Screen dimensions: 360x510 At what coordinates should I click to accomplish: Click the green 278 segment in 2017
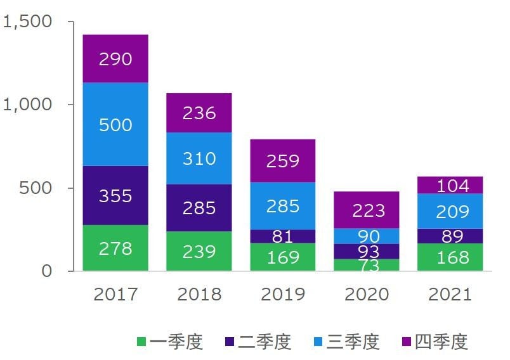coord(115,248)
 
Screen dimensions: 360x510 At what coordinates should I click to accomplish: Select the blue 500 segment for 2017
coord(115,124)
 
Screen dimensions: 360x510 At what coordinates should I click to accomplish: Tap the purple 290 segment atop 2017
coord(115,59)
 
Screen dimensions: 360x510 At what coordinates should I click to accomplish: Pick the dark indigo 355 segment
coord(115,195)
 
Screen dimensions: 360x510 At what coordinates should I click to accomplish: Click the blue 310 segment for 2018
coord(199,158)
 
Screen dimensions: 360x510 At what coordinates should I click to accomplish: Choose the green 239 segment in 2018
coord(199,251)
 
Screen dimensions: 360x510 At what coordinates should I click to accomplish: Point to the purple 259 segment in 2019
coord(283,161)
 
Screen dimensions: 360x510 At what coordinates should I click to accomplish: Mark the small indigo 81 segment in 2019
coord(283,236)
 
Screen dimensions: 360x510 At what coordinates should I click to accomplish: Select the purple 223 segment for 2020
coord(367,210)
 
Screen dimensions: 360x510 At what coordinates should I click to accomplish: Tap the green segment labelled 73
coord(367,265)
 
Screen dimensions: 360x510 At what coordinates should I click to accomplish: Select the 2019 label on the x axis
coord(283,295)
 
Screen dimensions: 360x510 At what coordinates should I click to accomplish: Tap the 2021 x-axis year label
coord(450,295)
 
